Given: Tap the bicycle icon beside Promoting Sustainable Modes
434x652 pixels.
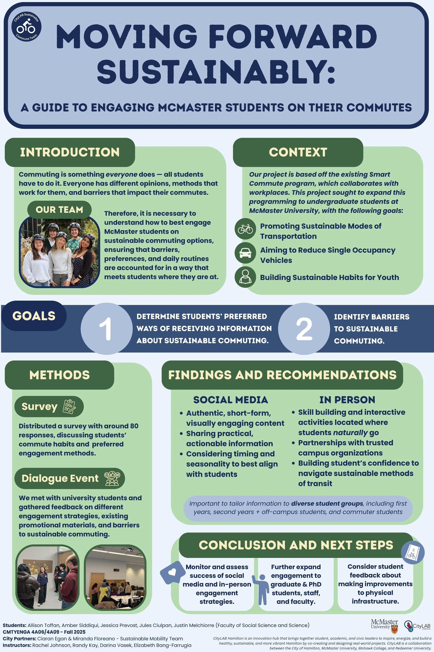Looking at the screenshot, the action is (x=245, y=229).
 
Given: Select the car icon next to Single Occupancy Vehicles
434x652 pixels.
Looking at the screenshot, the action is (x=245, y=253).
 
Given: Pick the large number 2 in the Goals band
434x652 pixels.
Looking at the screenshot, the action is (x=304, y=329).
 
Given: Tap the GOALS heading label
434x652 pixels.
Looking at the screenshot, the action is (x=34, y=316).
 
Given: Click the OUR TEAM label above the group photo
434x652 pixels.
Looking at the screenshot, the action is (x=59, y=210).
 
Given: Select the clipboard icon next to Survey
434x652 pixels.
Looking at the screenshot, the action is (x=69, y=407).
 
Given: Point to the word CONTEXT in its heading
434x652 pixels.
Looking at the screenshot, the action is (x=298, y=152).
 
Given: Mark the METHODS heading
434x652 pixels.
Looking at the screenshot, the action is (x=60, y=375).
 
